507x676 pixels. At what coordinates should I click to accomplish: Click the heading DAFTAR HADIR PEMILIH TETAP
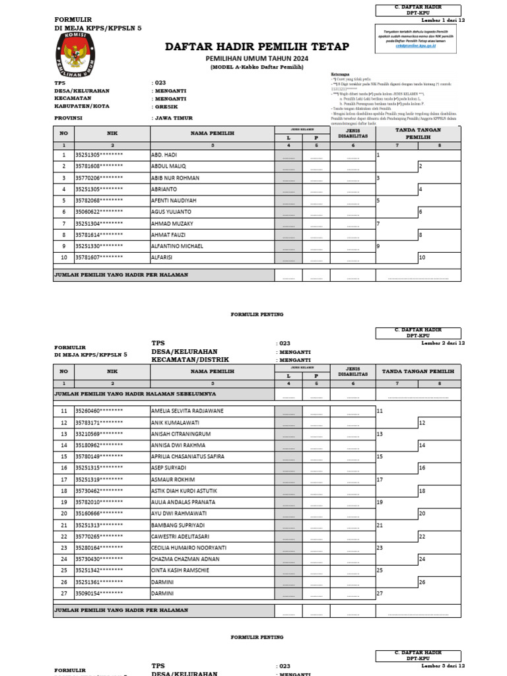click(x=257, y=46)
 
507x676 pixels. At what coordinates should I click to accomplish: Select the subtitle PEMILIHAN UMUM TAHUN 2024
click(x=257, y=59)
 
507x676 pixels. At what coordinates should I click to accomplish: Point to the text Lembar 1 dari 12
click(x=443, y=20)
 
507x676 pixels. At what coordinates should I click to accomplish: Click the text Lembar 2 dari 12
click(x=443, y=343)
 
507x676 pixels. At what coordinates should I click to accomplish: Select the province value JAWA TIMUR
click(x=172, y=118)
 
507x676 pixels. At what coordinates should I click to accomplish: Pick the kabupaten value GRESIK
click(x=166, y=106)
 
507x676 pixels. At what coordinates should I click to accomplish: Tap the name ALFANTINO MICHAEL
click(x=178, y=246)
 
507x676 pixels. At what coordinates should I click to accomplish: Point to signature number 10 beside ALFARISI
click(x=422, y=257)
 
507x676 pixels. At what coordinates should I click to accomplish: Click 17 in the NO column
click(x=64, y=479)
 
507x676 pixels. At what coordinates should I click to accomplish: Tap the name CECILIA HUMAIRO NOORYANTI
click(x=189, y=548)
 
